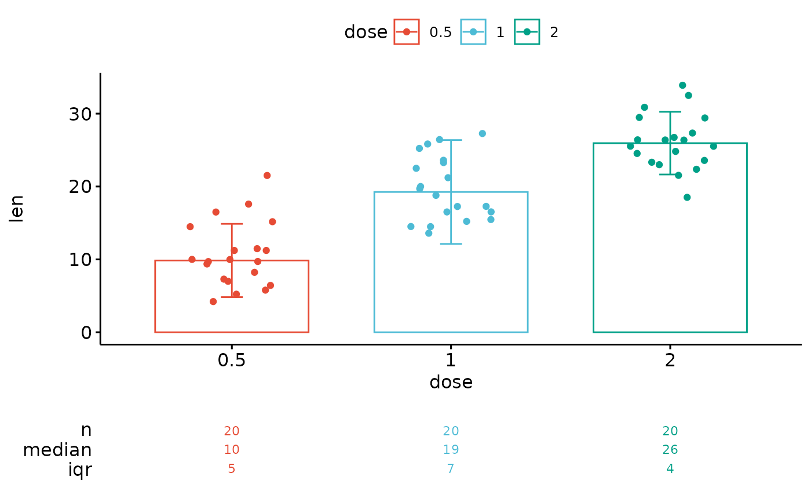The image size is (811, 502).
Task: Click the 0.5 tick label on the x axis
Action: point(231,361)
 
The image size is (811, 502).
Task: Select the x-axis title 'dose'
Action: point(451,383)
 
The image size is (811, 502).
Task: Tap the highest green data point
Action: point(682,85)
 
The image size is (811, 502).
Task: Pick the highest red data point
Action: point(267,176)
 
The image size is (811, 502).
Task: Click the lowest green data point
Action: point(687,197)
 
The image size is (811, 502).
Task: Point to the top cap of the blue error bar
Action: point(451,140)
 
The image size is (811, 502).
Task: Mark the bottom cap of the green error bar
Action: point(670,174)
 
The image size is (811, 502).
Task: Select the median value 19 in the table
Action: point(451,450)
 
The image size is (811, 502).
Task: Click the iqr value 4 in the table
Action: point(670,469)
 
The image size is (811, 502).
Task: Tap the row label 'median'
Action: point(57,450)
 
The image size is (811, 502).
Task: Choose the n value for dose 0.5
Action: point(231,431)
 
